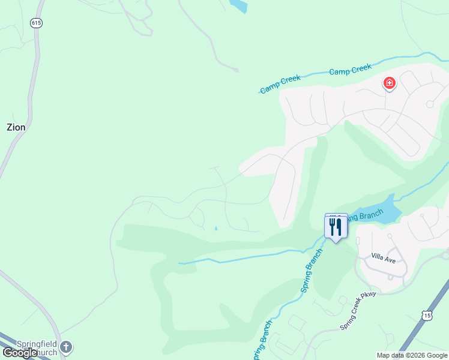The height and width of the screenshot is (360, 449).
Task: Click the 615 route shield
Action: [x=37, y=22]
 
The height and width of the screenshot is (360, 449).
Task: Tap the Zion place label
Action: [x=16, y=127]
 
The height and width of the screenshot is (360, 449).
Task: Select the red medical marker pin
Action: [x=390, y=83]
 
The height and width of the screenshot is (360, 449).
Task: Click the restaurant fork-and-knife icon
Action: [x=336, y=227]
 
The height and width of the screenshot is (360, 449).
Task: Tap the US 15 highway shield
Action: [x=426, y=315]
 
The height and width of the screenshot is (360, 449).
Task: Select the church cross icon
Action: [x=66, y=346]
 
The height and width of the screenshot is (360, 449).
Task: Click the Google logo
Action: [x=20, y=353]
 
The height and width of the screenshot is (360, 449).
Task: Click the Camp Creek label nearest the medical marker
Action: [x=351, y=70]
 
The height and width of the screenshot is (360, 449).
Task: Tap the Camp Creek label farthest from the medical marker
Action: [x=280, y=84]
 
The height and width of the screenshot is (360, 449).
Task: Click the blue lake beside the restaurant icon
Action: [x=388, y=211]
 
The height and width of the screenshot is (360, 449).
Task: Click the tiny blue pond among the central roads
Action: [x=216, y=228]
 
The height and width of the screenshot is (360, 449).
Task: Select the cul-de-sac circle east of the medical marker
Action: [x=430, y=104]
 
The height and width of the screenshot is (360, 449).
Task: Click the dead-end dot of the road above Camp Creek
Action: [x=237, y=70]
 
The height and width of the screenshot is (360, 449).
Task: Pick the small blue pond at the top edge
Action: [x=239, y=5]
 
